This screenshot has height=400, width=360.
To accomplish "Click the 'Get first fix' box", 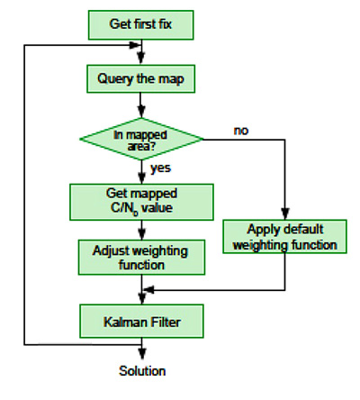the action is (x=140, y=25).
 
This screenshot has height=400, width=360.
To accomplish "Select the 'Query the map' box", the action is (x=140, y=78).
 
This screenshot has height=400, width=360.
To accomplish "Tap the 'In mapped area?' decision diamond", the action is (x=141, y=139).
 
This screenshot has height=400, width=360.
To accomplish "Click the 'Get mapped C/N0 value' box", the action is (x=141, y=202).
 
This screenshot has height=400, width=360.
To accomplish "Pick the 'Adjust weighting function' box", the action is (x=141, y=258).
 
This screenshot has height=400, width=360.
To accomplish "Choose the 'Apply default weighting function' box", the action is (x=284, y=237).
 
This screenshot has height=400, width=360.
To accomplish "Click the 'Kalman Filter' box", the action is (x=141, y=322).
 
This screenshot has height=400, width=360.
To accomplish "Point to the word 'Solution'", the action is (x=142, y=371).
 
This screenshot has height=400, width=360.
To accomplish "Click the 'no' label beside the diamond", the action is (x=241, y=131).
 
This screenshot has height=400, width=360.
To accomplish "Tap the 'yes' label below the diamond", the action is (x=160, y=168).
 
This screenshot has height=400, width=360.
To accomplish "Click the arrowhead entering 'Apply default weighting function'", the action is (x=284, y=214).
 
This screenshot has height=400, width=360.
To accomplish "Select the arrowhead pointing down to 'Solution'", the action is (x=142, y=354).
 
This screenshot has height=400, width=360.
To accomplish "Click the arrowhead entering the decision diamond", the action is (x=141, y=112).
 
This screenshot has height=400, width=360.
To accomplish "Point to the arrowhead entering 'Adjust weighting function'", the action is (x=141, y=234).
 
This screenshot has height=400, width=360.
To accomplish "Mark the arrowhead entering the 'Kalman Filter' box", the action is (x=141, y=299).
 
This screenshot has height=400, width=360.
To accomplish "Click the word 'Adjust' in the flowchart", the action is (x=110, y=251).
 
